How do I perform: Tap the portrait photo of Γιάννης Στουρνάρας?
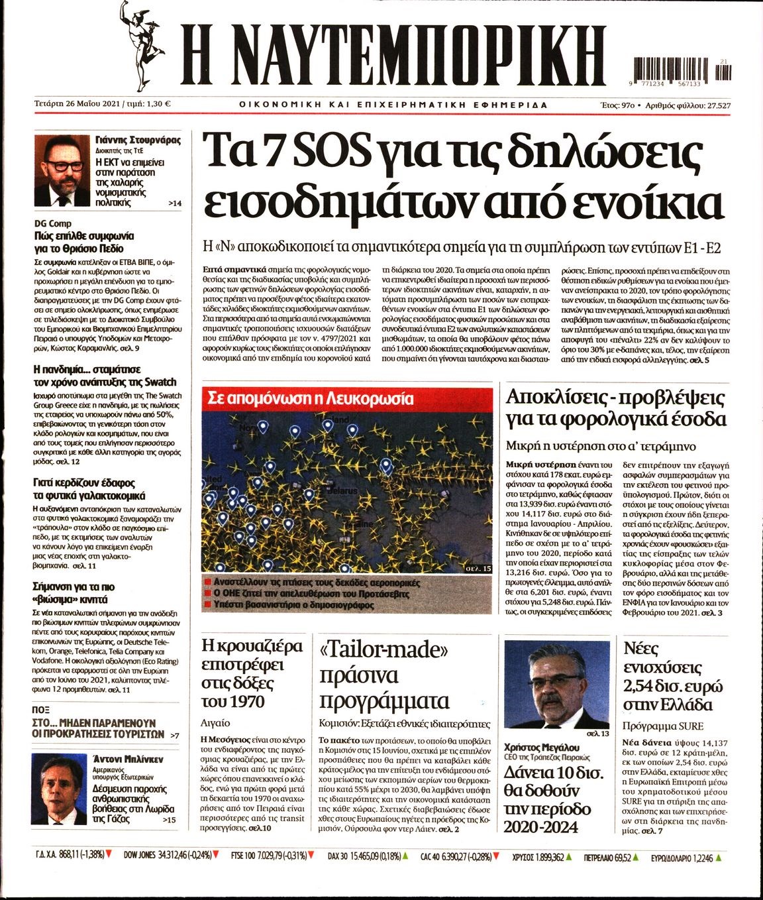(62, 170)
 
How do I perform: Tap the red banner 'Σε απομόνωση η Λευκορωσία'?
(311, 399)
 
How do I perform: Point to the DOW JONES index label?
(142, 856)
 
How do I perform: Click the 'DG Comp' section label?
(53, 224)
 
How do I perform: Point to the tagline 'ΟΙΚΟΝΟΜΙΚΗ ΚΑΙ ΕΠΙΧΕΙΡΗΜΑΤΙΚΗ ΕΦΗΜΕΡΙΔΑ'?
(393, 105)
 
